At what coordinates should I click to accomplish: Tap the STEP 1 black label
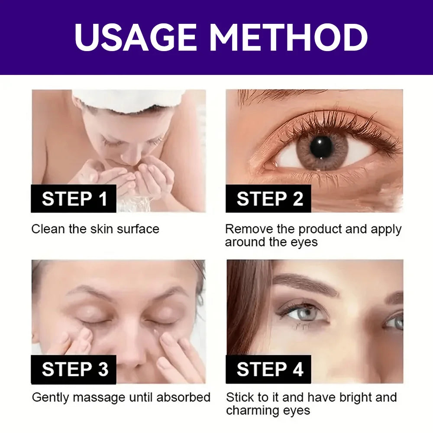pos(74,198)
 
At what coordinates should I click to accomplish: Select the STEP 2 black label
pos(269,198)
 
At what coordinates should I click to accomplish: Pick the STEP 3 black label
pos(74,369)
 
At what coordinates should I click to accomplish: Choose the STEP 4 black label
pos(269,369)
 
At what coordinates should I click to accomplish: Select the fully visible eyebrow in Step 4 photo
pos(305,284)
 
